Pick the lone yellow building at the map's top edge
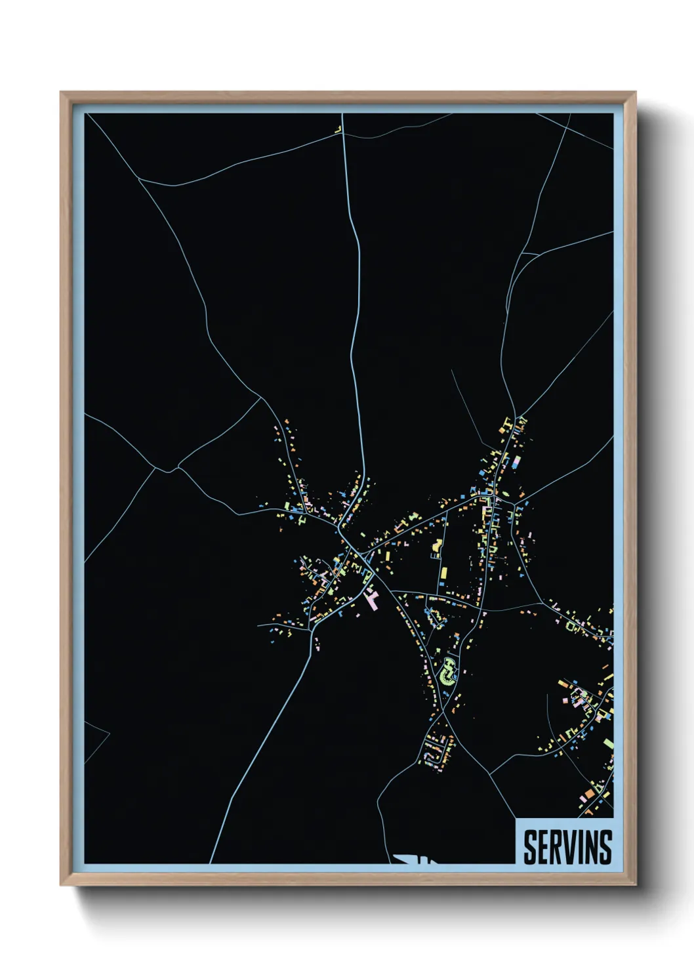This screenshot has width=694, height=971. (339, 130)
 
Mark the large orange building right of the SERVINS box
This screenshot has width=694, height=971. (588, 795)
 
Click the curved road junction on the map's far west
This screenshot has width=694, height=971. (167, 469)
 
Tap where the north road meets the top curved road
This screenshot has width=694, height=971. (343, 134)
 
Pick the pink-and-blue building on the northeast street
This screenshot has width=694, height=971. (516, 463)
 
